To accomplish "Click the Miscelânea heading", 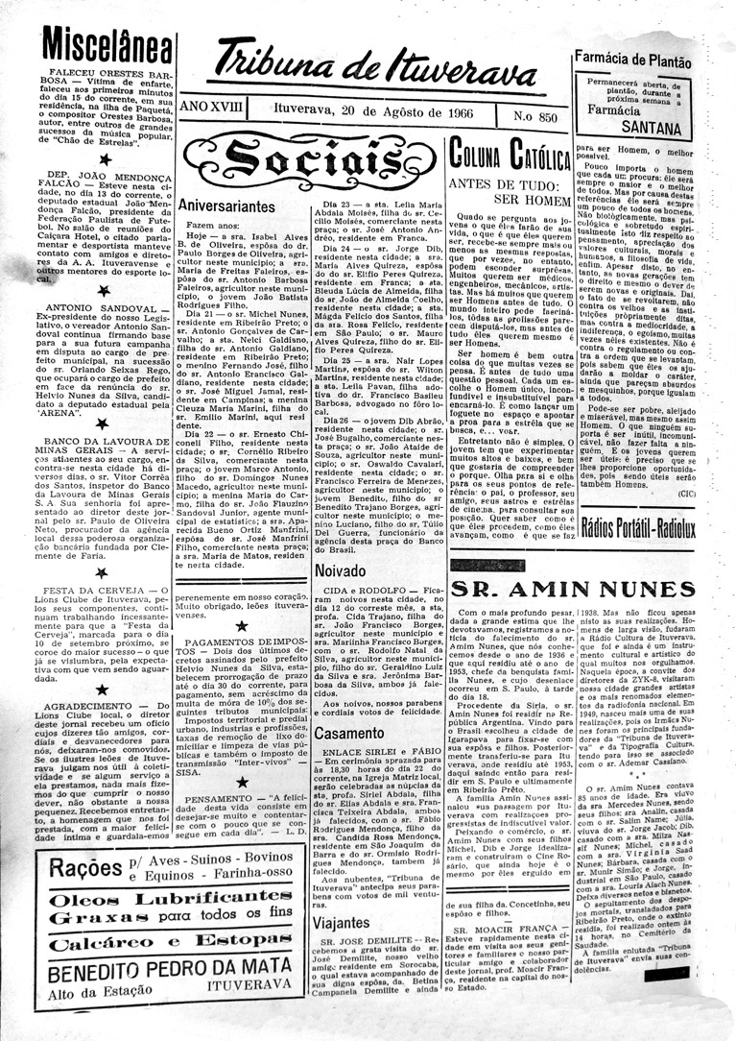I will [x=107, y=44].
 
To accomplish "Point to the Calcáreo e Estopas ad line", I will [x=170, y=944].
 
